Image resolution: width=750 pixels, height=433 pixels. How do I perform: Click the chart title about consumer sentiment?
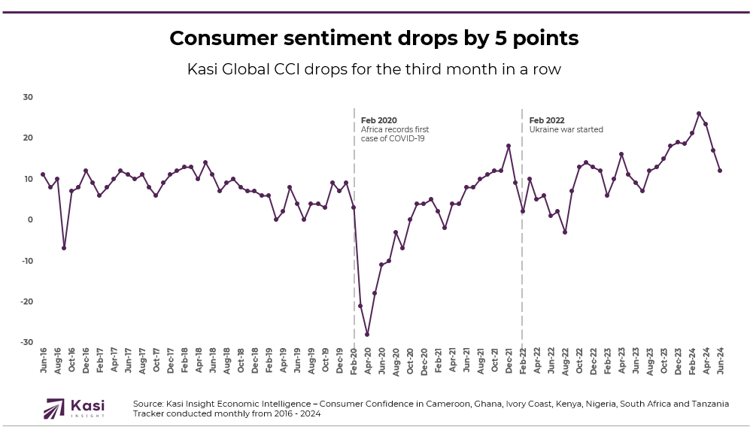374,38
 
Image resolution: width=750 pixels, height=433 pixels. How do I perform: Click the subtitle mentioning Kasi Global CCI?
374,69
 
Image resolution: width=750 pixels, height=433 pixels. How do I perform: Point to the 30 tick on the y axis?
28,97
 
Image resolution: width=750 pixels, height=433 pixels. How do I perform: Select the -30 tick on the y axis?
27,342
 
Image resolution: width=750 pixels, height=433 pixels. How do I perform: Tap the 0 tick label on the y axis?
30,220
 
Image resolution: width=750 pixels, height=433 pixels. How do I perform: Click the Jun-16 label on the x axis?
43,362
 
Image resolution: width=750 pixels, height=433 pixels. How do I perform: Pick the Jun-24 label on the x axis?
720,362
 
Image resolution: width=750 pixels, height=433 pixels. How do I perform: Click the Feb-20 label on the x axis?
354,362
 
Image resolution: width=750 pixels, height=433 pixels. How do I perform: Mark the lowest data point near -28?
367,335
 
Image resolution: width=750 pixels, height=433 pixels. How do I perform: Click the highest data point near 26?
699,114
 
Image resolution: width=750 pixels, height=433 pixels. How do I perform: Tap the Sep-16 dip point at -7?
64,248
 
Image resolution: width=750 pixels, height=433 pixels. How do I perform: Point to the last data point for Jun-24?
720,171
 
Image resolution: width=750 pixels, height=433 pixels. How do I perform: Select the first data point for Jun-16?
43,174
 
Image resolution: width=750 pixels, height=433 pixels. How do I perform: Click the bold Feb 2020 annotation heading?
378,120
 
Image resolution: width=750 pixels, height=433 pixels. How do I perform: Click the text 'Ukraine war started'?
566,129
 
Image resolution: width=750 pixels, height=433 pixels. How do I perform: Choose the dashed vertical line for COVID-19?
354,286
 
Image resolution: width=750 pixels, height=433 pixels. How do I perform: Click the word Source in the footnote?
148,404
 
